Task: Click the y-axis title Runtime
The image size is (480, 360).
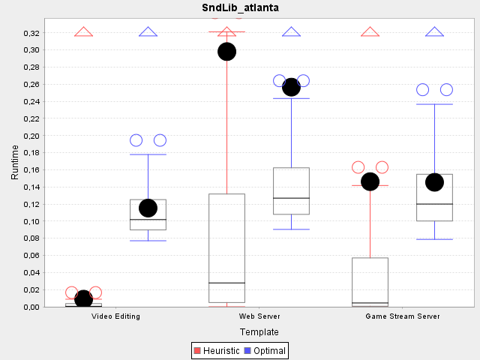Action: click(x=15, y=162)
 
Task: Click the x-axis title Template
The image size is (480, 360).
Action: click(x=259, y=331)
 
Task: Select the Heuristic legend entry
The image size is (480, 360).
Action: click(x=217, y=350)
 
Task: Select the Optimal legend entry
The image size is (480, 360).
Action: click(x=265, y=350)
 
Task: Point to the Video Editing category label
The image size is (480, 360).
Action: click(x=115, y=316)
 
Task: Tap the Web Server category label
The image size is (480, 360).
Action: click(x=259, y=316)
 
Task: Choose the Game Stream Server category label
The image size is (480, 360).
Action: click(x=403, y=316)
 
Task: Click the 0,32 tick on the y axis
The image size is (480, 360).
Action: click(x=31, y=33)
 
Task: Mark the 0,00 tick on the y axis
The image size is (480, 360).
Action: click(x=31, y=307)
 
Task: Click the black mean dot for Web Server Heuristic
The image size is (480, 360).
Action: click(x=226, y=52)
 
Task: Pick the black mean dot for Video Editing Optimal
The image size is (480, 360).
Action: click(x=148, y=208)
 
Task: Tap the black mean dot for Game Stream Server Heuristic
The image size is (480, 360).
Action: click(x=370, y=181)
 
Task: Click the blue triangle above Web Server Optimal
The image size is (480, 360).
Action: click(x=291, y=32)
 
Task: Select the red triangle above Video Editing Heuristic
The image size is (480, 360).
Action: click(x=83, y=32)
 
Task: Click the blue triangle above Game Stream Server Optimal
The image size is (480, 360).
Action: click(x=434, y=32)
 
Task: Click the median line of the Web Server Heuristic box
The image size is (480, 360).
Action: click(x=226, y=283)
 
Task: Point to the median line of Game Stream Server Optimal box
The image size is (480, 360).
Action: click(x=434, y=204)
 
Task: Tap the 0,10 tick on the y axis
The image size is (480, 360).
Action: click(x=31, y=221)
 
